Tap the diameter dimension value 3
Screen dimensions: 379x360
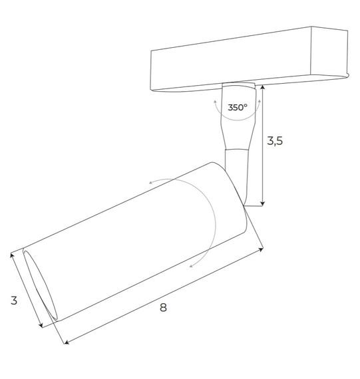(14, 301)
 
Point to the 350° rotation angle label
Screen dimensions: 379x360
(237, 107)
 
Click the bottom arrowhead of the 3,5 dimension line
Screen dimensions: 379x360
(264, 203)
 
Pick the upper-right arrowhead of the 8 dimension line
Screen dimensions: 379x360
(262, 250)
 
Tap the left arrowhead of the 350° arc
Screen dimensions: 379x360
(215, 100)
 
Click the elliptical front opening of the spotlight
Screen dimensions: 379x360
(38, 287)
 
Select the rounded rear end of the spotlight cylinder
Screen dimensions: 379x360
(233, 199)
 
